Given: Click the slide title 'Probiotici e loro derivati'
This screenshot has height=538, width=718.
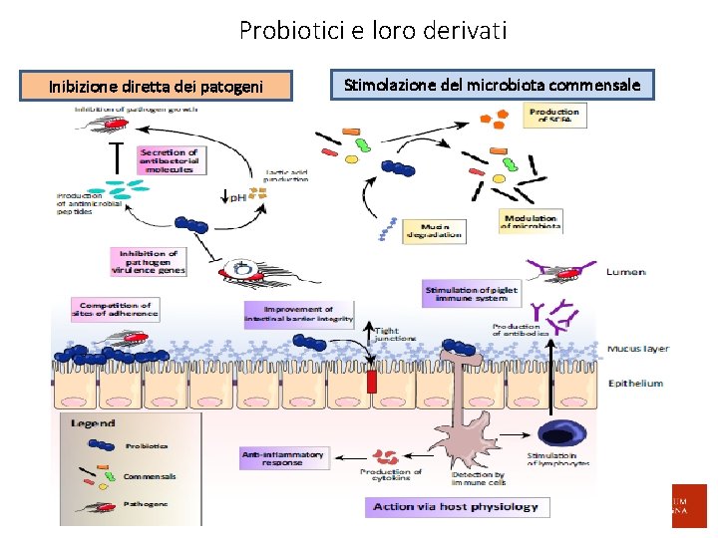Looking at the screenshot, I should [x=373, y=31].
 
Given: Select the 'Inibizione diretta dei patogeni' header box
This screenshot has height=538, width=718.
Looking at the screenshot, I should [x=157, y=87].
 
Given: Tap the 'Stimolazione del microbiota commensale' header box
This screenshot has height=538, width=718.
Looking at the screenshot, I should [x=492, y=86].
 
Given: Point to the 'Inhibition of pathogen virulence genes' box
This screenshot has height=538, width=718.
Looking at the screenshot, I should [x=148, y=261].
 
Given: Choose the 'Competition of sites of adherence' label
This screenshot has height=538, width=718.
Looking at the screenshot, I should [x=114, y=309].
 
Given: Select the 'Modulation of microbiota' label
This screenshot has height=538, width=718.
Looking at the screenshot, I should [x=531, y=221].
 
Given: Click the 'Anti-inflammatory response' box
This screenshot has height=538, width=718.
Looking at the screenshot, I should [x=283, y=458].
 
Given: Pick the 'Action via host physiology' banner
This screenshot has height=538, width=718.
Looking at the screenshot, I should [x=455, y=507].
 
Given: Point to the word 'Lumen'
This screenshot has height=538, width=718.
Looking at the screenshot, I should [x=625, y=272].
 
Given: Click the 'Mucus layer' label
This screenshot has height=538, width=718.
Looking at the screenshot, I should [x=637, y=349].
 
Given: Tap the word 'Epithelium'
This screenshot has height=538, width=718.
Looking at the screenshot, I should [x=635, y=383].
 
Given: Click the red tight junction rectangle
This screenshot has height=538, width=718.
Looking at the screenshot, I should [x=372, y=381].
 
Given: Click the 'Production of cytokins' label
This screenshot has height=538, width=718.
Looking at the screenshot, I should [x=391, y=475].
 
